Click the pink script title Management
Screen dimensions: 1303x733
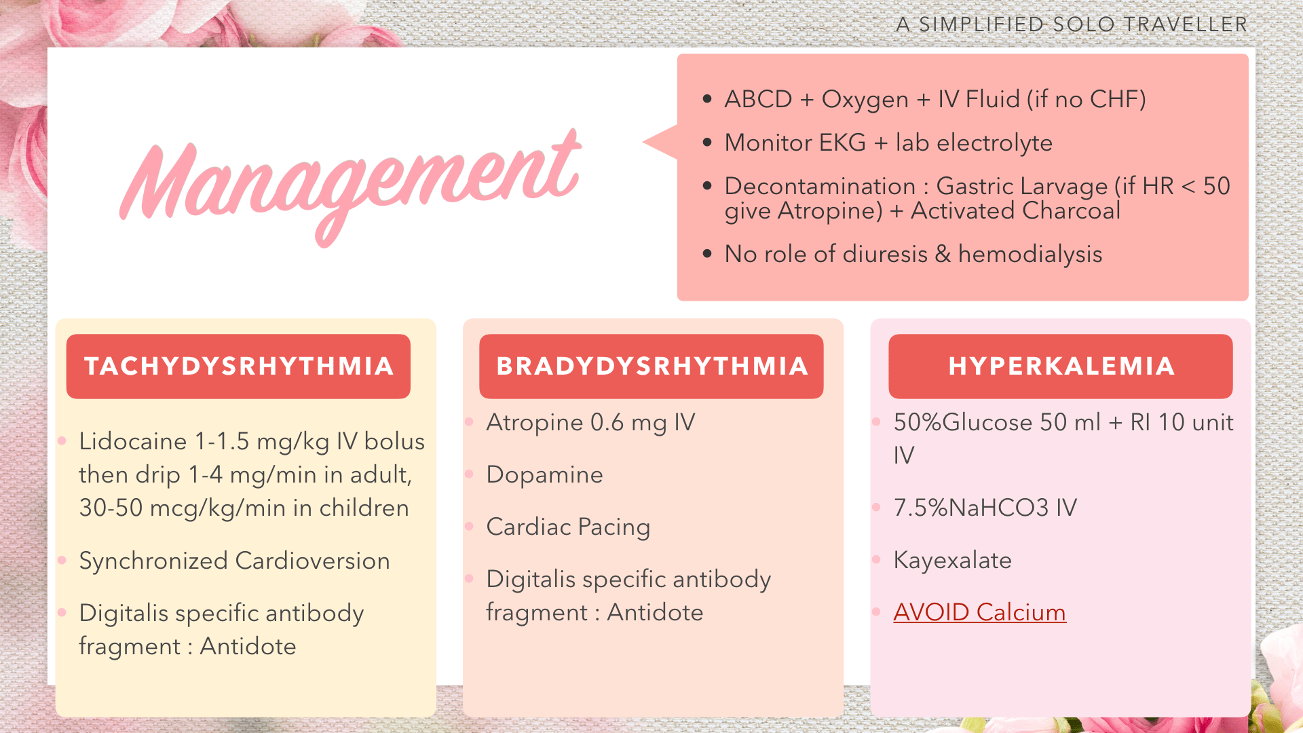[x=350, y=187]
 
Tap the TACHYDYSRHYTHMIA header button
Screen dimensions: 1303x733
[x=238, y=366]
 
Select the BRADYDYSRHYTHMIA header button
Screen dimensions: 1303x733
[x=651, y=366]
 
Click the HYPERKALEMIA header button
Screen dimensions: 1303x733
[x=1061, y=366]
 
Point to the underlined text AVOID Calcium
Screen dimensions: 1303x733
[x=979, y=612]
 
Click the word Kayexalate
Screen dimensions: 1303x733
[x=952, y=561]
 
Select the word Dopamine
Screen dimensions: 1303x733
[x=544, y=475]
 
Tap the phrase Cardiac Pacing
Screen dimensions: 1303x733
[x=568, y=527]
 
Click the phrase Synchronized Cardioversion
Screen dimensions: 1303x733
[x=234, y=561]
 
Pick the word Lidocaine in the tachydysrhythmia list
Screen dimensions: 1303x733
[x=133, y=441]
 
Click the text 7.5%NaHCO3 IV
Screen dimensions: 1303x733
[x=985, y=508]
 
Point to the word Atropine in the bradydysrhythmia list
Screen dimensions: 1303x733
[x=535, y=423]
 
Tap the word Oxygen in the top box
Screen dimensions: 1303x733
[x=865, y=100]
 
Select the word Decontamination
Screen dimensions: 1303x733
[x=820, y=186]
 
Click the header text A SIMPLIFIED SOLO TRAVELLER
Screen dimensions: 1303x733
[x=1072, y=24]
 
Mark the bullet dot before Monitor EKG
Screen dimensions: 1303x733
[x=707, y=143]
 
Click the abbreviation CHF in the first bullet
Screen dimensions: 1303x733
[x=1114, y=99]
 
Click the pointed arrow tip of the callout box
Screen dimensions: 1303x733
[x=643, y=142]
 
